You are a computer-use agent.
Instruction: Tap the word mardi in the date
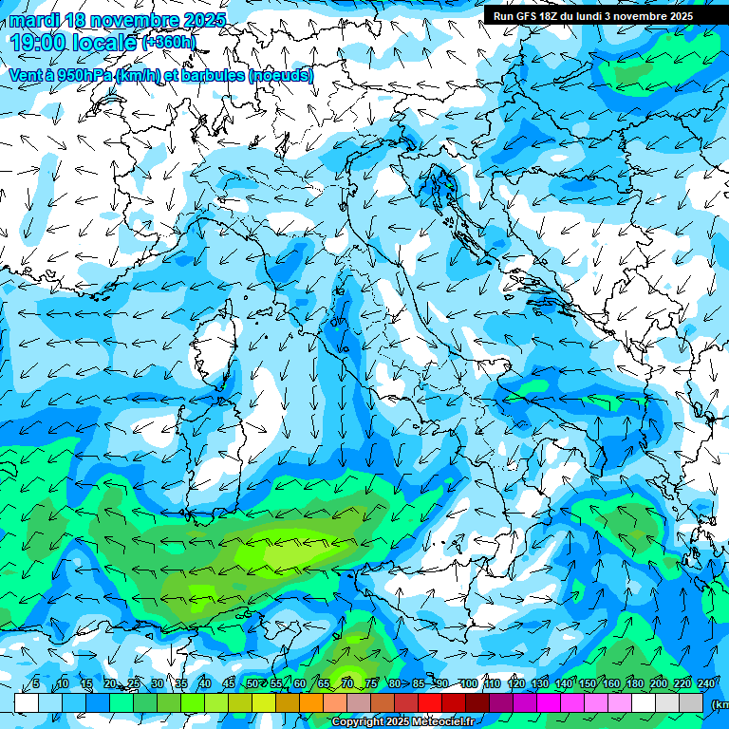coord(31,20)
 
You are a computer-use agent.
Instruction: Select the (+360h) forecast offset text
coord(169,42)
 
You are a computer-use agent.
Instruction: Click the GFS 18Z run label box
coord(592,16)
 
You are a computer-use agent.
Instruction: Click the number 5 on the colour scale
coord(36,683)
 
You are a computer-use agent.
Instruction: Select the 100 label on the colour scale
coord(469,683)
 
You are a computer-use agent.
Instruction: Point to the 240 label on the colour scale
coord(705,683)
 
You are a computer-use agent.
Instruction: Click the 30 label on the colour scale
coord(157,683)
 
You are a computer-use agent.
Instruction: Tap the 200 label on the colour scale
coord(659,683)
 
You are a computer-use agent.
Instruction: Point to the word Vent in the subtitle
coord(27,74)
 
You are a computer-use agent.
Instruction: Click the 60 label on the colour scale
coord(300,683)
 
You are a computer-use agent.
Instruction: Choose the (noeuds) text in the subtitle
coord(281,74)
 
